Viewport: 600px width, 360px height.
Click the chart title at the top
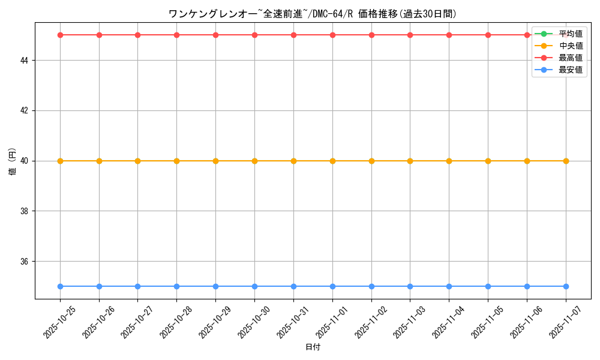313,14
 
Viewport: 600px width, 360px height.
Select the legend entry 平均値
570,34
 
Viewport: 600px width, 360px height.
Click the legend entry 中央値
570,46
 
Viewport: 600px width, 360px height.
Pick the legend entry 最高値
570,58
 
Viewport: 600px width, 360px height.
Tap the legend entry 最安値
570,70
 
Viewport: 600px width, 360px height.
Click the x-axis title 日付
313,347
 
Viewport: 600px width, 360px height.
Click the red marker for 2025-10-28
176,35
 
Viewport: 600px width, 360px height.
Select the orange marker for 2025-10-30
254,161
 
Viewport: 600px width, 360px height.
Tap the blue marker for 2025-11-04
449,286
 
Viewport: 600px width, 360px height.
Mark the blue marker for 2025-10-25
60,286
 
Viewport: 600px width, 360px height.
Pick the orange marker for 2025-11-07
566,161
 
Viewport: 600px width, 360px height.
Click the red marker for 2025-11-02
371,35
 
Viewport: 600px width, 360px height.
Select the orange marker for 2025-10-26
99,161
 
